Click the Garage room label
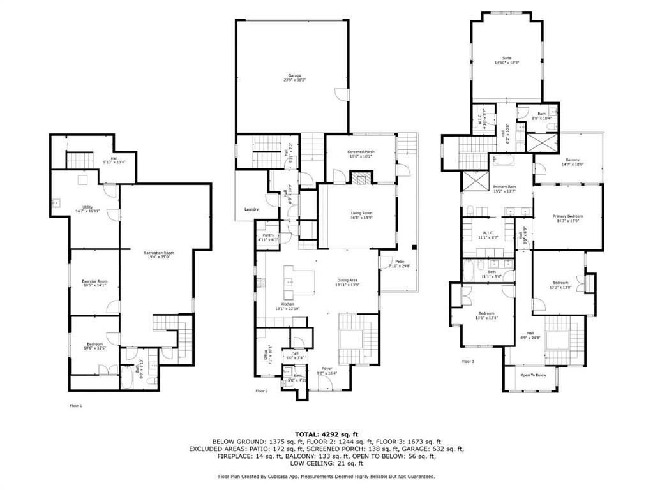[x=294, y=75]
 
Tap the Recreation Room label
[x=158, y=253]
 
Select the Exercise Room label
[x=94, y=281]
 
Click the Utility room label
[x=83, y=209]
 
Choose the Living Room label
[x=361, y=214]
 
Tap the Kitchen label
[x=287, y=304]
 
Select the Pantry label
[x=268, y=235]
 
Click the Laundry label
[x=251, y=209]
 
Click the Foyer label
[x=327, y=369]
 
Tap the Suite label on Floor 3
[x=507, y=58]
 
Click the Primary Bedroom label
[x=567, y=216]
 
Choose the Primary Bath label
[x=504, y=187]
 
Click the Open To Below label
[x=533, y=375]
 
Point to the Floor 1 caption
[x=76, y=405]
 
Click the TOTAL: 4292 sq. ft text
[x=326, y=434]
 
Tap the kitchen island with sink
[x=301, y=281]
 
